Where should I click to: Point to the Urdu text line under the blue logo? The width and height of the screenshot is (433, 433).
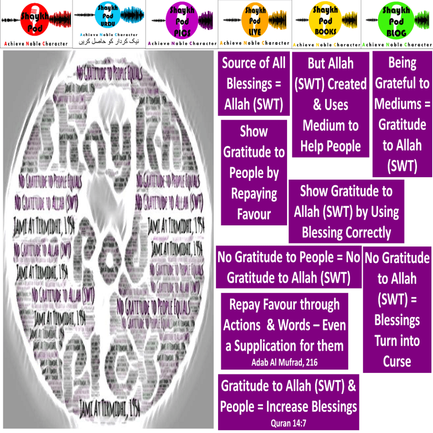click(x=109, y=42)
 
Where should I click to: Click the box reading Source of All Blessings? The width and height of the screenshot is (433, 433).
click(x=254, y=84)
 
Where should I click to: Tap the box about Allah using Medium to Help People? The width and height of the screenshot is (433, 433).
click(x=331, y=105)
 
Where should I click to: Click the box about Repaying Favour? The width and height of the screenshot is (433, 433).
click(x=254, y=173)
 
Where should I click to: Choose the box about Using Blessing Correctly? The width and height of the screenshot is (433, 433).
click(x=346, y=211)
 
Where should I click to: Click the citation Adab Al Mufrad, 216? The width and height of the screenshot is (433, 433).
click(x=284, y=362)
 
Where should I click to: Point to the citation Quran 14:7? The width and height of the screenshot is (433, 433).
click(x=288, y=422)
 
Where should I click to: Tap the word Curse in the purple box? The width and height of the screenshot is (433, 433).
click(x=397, y=362)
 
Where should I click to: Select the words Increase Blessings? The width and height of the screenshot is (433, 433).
click(x=311, y=407)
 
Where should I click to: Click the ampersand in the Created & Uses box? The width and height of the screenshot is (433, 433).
click(x=317, y=105)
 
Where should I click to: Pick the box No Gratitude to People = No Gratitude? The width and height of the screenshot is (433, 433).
click(x=289, y=267)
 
